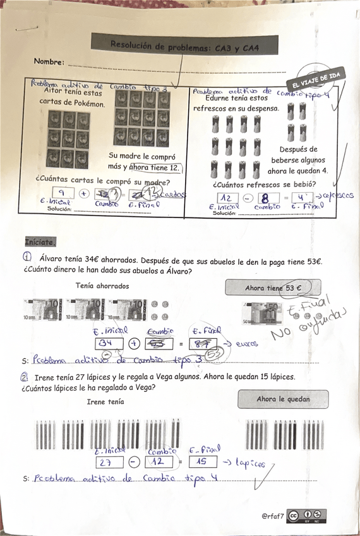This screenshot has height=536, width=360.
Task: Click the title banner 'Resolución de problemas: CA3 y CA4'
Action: tap(184, 44)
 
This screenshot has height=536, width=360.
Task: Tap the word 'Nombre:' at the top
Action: tap(49, 62)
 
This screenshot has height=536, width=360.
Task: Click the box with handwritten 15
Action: tap(203, 462)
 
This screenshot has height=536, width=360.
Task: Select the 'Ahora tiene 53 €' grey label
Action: tap(272, 288)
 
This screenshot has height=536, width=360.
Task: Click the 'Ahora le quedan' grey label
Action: tap(283, 399)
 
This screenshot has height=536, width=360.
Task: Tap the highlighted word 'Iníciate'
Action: tap(40, 241)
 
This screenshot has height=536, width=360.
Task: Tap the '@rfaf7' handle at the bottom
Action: tap(273, 516)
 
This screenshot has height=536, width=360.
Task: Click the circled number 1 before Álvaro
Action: tap(28, 257)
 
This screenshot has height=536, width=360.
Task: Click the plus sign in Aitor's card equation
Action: tap(83, 193)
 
